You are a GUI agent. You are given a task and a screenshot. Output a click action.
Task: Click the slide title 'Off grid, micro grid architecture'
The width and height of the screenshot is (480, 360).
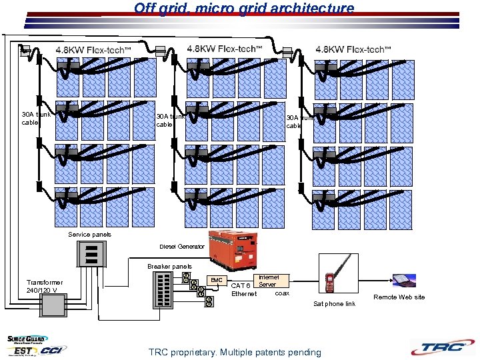[244, 9]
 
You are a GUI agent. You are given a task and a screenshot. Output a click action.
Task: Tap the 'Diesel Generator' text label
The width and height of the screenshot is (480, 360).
[182, 247]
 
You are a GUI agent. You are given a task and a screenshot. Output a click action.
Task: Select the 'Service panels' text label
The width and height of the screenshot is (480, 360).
[90, 235]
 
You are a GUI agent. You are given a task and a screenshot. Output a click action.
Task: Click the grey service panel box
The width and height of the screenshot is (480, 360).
[93, 253]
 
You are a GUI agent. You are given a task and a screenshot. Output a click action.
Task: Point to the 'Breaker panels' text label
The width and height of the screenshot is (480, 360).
[169, 267]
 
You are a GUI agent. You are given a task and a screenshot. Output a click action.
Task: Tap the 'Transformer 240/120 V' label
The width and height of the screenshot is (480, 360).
[45, 287]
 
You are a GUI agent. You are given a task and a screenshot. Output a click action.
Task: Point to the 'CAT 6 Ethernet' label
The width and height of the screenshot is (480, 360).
[243, 290]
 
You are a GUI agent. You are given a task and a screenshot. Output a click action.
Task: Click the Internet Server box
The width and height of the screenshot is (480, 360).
[268, 281]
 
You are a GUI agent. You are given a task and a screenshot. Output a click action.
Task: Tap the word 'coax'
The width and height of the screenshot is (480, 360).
[282, 293]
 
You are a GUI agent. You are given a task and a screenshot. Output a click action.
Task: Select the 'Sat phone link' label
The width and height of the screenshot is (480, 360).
[334, 304]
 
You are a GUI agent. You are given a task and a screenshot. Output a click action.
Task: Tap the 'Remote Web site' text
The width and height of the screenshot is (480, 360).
[399, 297]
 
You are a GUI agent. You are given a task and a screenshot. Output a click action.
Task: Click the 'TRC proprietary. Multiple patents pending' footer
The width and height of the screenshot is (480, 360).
[235, 352]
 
